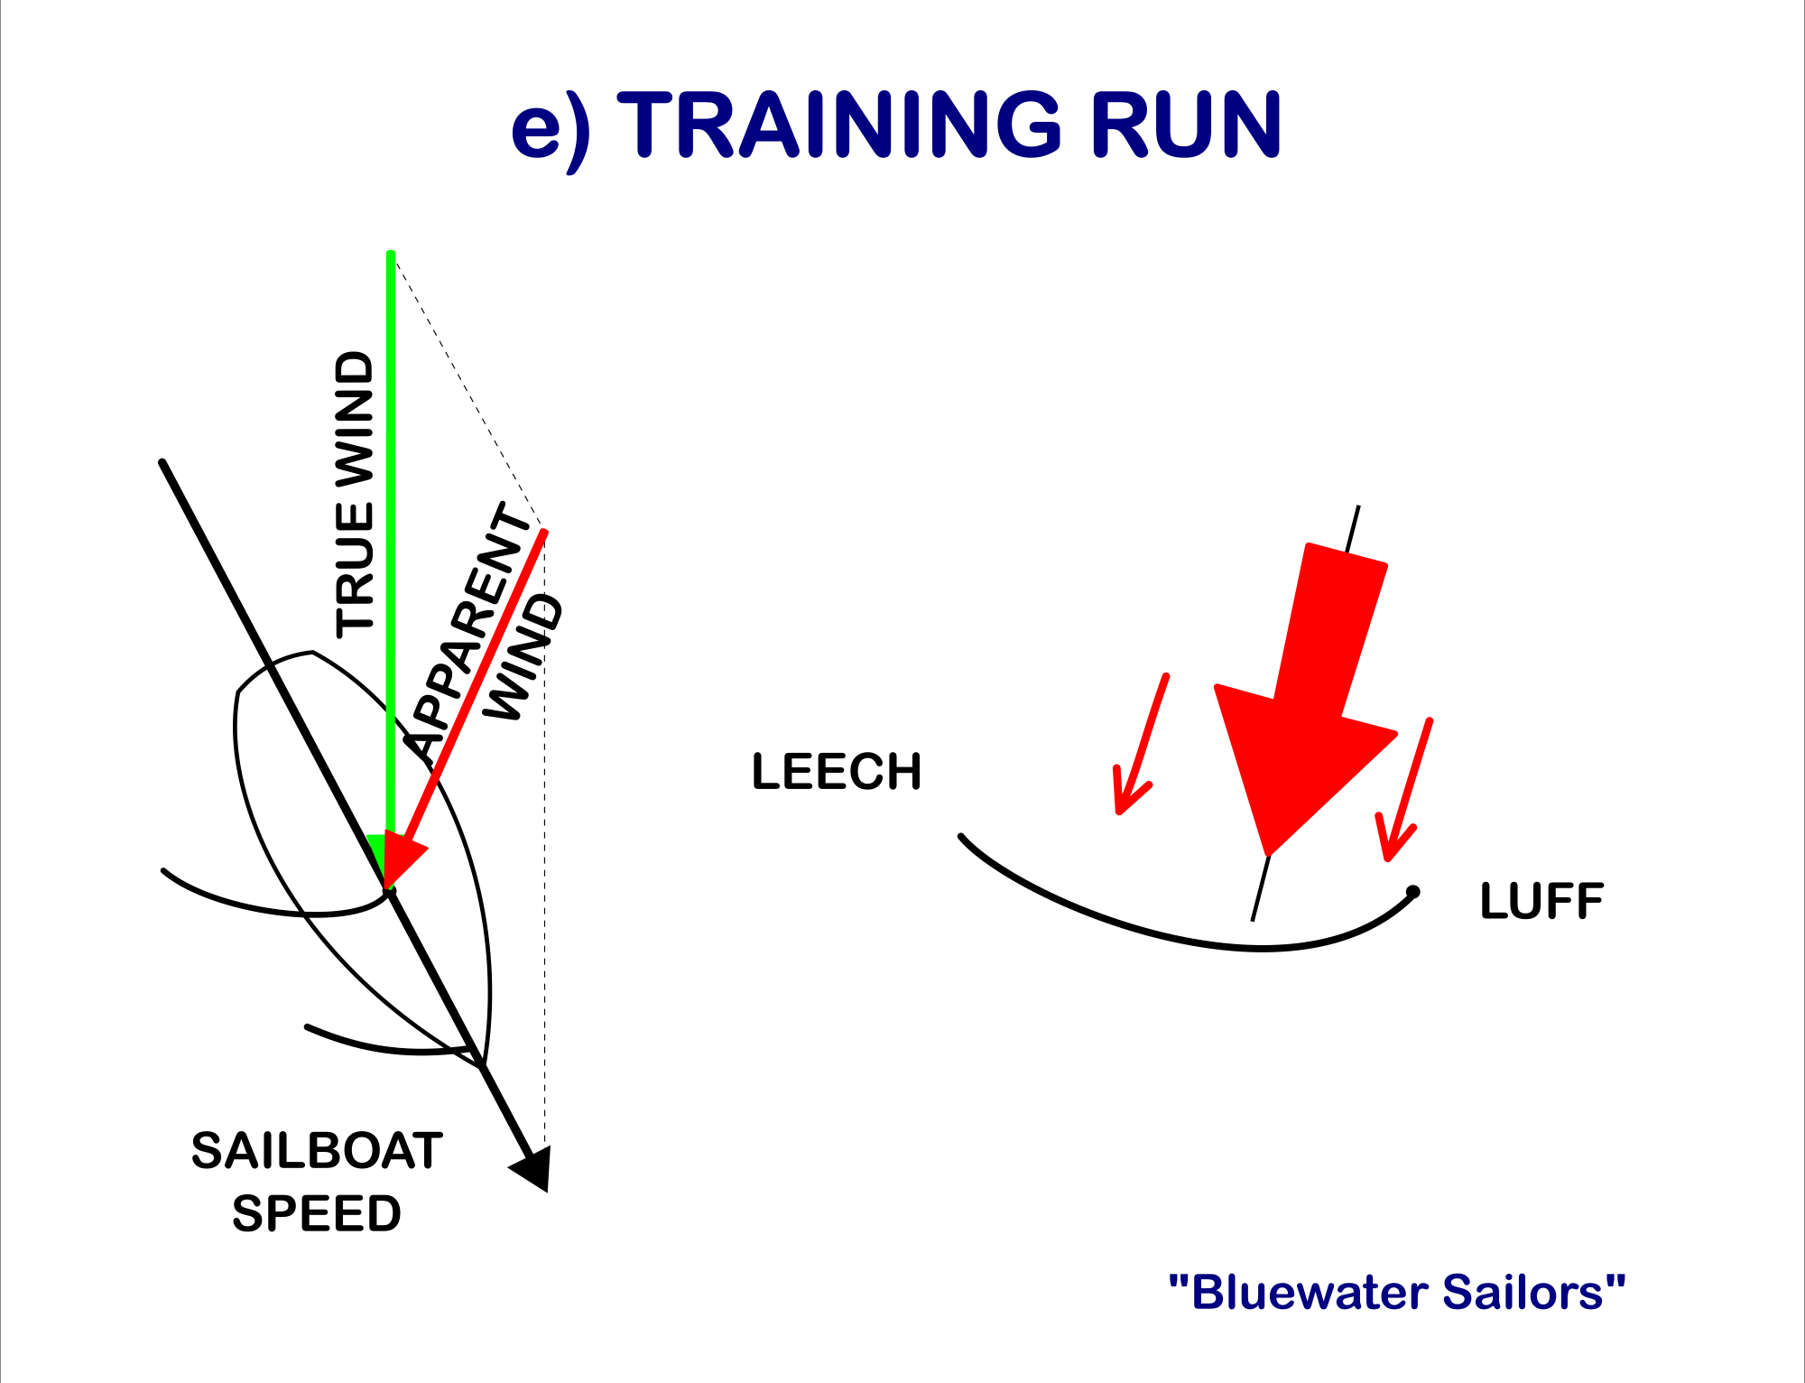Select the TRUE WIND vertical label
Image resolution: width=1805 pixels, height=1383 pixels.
355,494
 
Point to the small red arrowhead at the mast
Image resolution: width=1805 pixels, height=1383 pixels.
402,858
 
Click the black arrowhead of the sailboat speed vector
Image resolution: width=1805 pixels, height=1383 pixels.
533,1168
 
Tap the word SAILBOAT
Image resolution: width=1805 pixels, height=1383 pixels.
317,1151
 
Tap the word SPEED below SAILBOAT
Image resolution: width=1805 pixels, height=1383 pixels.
317,1213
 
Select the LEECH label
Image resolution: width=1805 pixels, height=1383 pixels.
837,772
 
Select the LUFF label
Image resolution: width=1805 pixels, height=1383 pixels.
1541,901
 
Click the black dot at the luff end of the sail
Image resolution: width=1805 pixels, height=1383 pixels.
1413,892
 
